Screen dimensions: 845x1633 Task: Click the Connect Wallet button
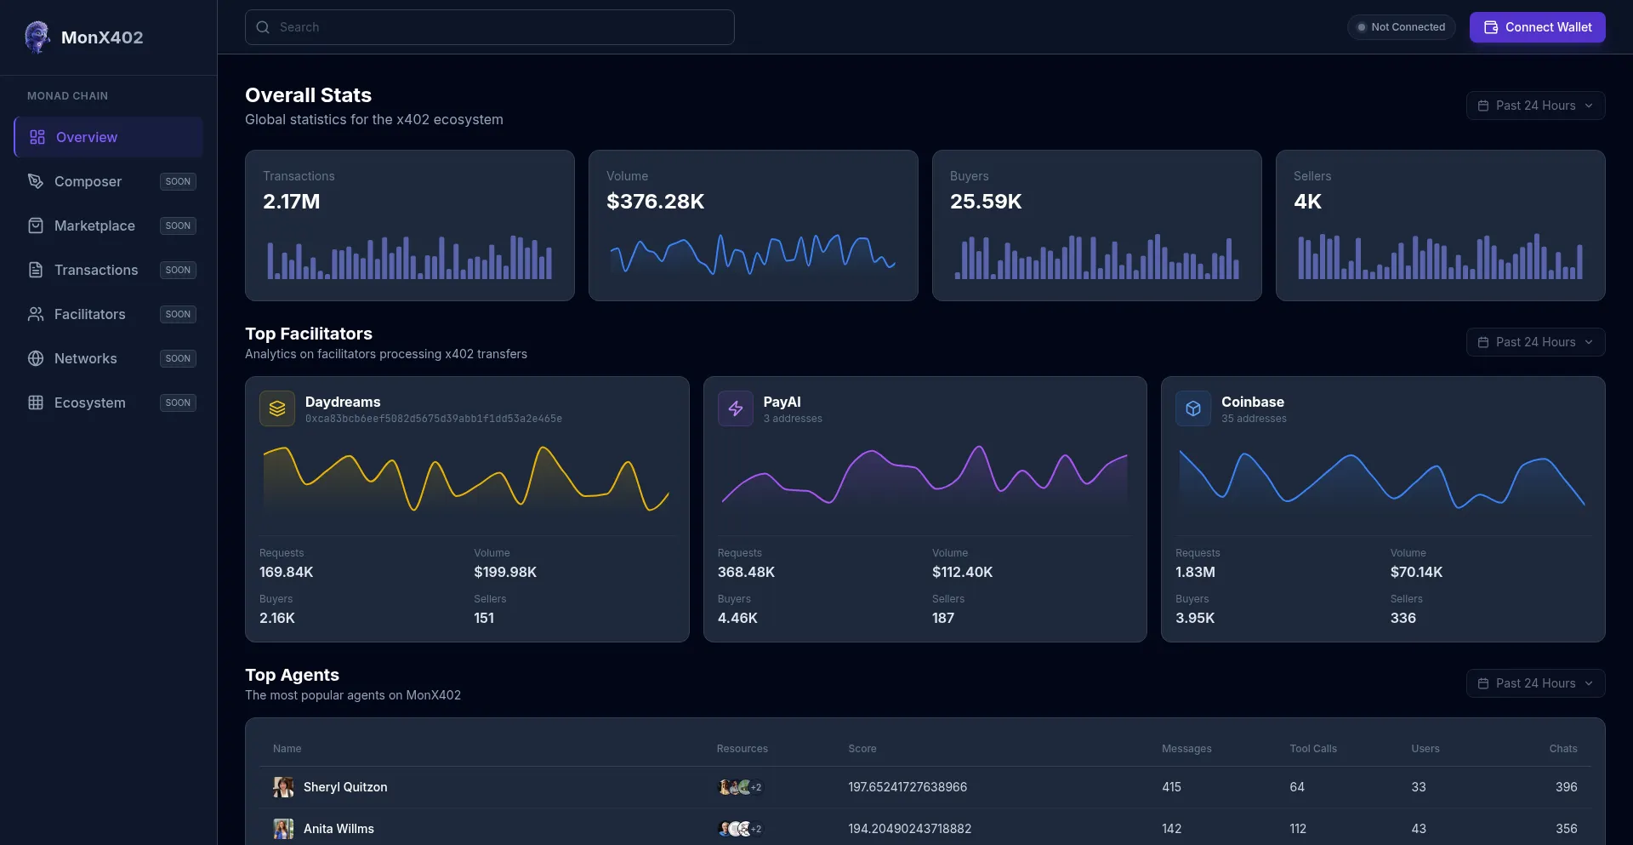1537,27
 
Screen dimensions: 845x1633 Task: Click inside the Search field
489,27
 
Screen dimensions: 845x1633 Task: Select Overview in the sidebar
108,137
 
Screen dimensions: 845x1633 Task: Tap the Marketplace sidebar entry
94,226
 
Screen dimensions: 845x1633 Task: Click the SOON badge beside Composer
178,181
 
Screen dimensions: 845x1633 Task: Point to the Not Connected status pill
1401,27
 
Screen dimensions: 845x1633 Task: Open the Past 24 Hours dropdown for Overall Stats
1535,106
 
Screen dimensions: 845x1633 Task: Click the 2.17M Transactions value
292,202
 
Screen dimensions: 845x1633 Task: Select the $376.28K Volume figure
655,202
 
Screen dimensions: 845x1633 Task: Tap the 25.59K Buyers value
986,202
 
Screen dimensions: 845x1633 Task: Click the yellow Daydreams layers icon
277,408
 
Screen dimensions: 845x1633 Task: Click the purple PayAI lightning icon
736,408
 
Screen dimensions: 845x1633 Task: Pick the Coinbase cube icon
1193,408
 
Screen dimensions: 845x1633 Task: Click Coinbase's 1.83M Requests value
1195,572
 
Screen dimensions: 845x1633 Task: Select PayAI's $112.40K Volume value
962,572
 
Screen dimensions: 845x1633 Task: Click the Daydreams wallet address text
433,419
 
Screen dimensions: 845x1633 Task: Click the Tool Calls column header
1312,749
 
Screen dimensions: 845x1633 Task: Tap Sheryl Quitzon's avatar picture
283,787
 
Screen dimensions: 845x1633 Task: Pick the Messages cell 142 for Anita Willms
1171,829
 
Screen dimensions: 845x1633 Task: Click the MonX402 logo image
37,37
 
